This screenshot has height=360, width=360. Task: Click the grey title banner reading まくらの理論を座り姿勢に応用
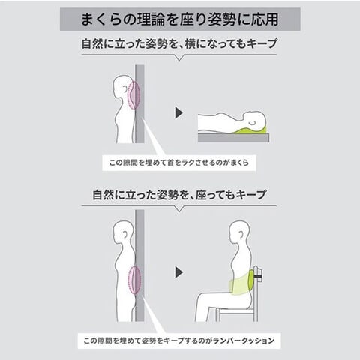click(x=180, y=19)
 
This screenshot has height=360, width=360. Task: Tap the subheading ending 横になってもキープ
click(x=179, y=43)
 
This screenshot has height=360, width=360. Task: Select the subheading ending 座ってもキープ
click(x=179, y=195)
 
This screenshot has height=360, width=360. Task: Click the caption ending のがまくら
click(x=179, y=163)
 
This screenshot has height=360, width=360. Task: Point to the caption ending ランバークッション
click(x=179, y=340)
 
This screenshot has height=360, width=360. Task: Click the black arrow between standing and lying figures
click(x=179, y=113)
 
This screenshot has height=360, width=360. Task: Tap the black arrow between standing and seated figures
click(x=179, y=272)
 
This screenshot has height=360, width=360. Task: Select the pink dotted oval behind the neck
click(x=133, y=95)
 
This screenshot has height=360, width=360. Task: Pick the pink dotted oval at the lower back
click(x=134, y=280)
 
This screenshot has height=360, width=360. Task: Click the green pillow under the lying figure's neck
click(x=250, y=130)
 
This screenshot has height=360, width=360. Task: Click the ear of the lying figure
click(x=253, y=123)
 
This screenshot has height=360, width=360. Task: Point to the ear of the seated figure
click(x=241, y=235)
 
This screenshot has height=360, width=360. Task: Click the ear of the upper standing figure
click(x=124, y=88)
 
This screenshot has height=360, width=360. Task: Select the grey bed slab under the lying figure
click(x=233, y=138)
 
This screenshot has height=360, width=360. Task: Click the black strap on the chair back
click(x=258, y=276)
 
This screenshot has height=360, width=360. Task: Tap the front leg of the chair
click(x=218, y=315)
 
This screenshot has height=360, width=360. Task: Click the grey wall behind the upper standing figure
click(x=139, y=103)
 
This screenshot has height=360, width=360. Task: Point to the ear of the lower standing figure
click(x=124, y=233)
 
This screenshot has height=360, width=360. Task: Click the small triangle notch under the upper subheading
click(x=179, y=58)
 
